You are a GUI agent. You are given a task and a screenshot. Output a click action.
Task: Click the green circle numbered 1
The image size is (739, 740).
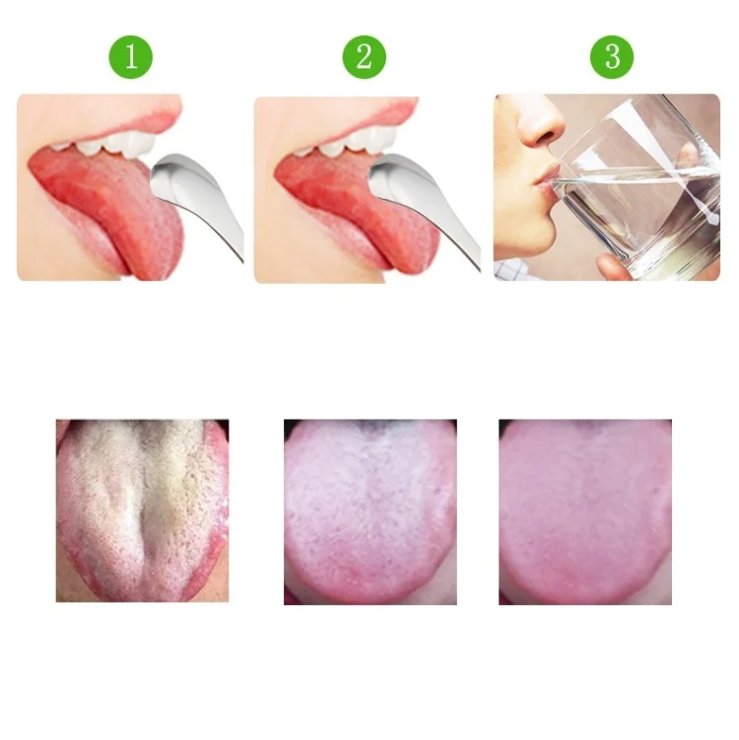pyautogui.click(x=131, y=57)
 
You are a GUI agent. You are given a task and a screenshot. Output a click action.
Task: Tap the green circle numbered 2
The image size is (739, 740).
pyautogui.click(x=364, y=57)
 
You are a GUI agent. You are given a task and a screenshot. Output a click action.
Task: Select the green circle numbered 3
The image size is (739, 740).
pyautogui.click(x=612, y=57)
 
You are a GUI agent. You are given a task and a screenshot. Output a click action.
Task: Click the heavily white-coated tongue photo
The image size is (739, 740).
pyautogui.click(x=142, y=510)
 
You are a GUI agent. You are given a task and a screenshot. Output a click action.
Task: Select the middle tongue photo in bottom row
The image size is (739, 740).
pyautogui.click(x=369, y=512)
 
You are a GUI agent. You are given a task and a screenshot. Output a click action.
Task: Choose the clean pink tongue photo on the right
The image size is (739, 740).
pyautogui.click(x=585, y=512)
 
